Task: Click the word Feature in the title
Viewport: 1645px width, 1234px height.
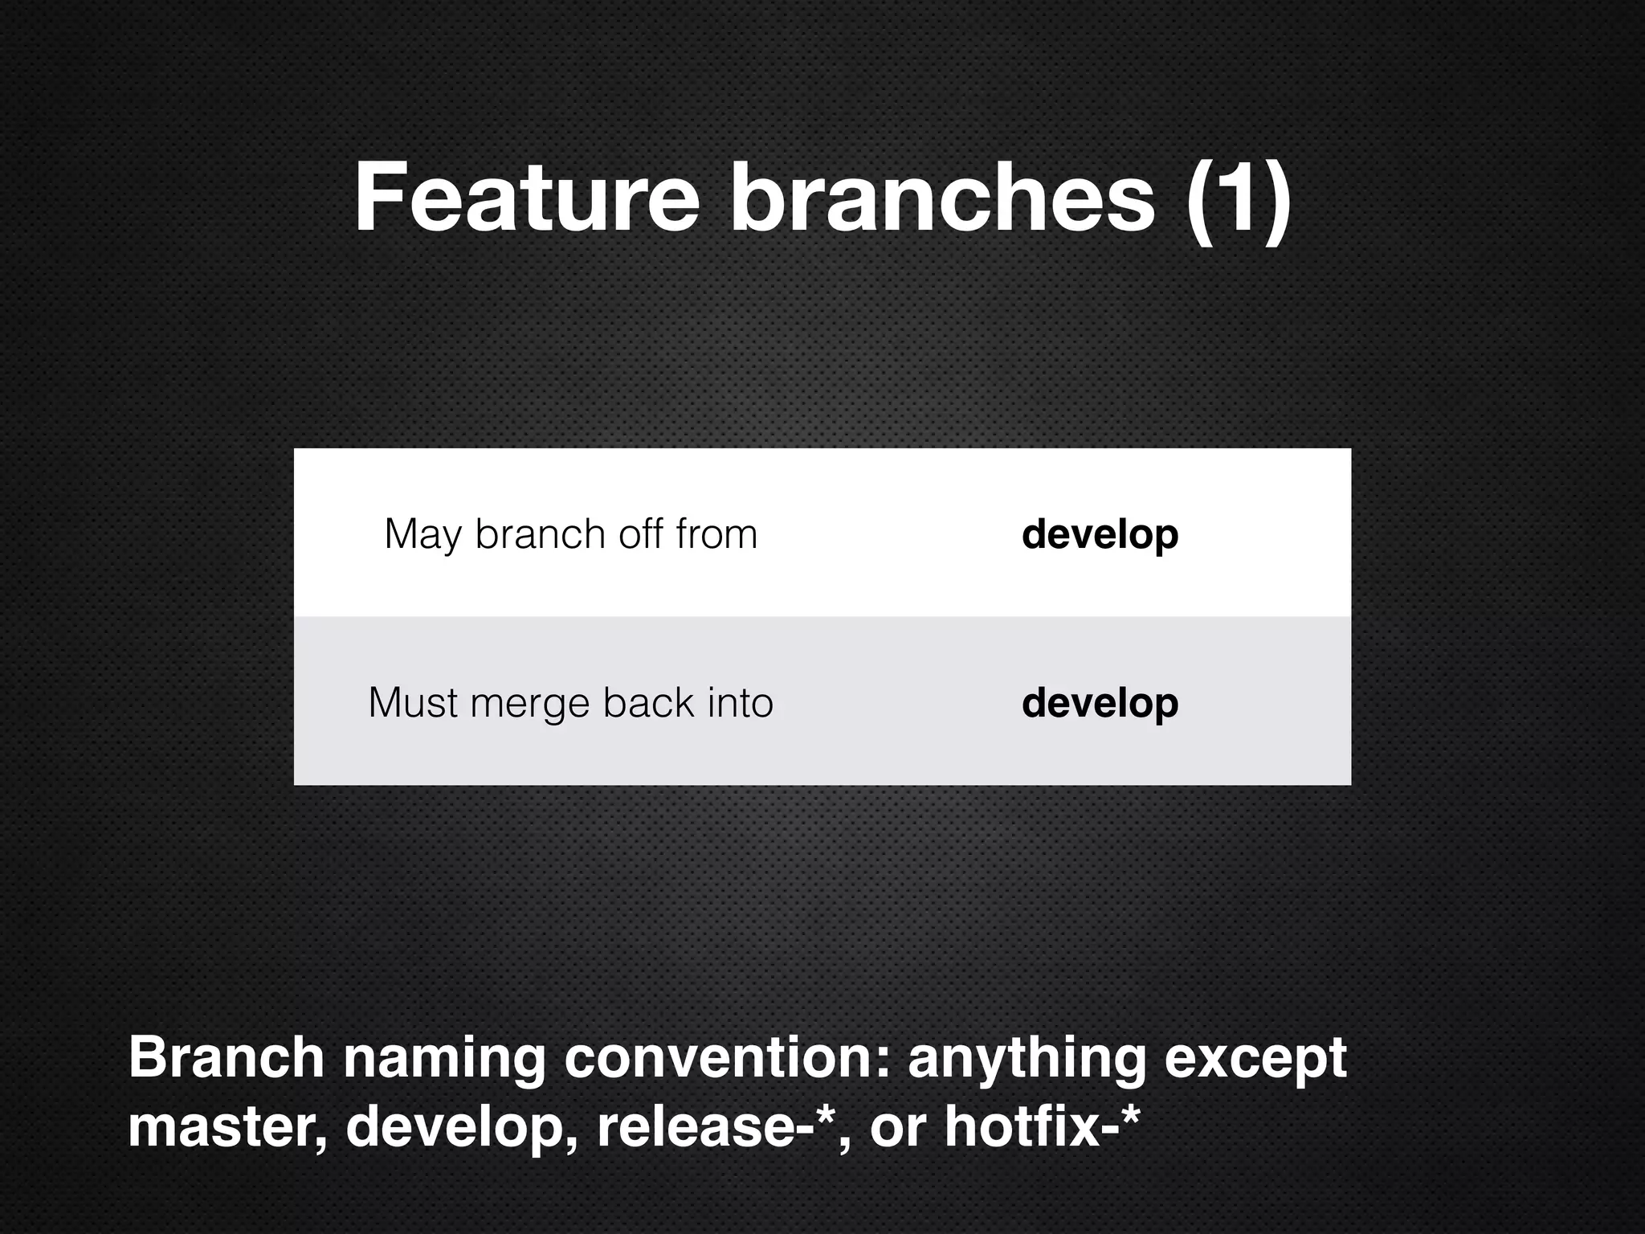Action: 527,198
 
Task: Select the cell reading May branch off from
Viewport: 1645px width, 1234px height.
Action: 571,534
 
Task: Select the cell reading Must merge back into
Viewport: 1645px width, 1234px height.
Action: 571,703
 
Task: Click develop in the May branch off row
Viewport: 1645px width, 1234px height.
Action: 1100,535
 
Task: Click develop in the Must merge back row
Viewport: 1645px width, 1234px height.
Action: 1100,704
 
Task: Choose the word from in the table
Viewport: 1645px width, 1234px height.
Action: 716,534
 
